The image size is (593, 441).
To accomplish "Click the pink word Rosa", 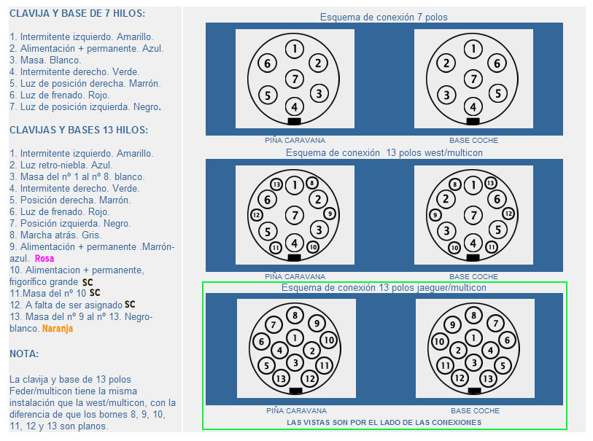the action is click(44, 259).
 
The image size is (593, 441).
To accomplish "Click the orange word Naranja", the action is click(58, 329).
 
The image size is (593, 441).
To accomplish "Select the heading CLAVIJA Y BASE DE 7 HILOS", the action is click(77, 14).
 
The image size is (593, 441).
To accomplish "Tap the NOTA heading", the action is click(24, 354).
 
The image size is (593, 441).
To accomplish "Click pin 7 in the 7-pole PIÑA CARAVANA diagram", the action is click(295, 79).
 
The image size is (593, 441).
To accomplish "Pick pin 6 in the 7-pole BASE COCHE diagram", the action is click(497, 63).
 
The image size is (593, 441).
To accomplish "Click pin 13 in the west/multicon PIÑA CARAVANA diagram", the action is click(276, 184).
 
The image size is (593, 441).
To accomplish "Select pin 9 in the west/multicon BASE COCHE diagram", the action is click(435, 215).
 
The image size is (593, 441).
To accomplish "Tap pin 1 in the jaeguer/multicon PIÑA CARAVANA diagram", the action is click(295, 337).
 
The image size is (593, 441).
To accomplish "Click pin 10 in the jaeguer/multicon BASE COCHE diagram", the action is click(439, 342).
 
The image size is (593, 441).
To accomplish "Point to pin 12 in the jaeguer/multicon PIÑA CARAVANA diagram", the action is click(310, 378).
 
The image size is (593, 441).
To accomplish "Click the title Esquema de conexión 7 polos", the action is click(384, 17).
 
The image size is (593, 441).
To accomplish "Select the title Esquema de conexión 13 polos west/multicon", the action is click(384, 152).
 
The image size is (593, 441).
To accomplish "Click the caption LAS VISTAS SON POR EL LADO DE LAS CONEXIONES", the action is click(384, 423).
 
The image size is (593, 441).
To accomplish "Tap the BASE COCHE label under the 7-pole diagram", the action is click(473, 140).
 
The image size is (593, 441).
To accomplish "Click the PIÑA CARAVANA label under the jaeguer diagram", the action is click(296, 411).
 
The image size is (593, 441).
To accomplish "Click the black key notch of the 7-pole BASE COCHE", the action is click(473, 121).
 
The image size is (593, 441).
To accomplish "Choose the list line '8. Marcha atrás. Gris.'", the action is click(55, 235).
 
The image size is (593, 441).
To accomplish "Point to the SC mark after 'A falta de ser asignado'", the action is click(130, 305).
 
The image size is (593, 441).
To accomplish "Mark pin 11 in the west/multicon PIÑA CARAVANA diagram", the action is click(275, 248).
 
